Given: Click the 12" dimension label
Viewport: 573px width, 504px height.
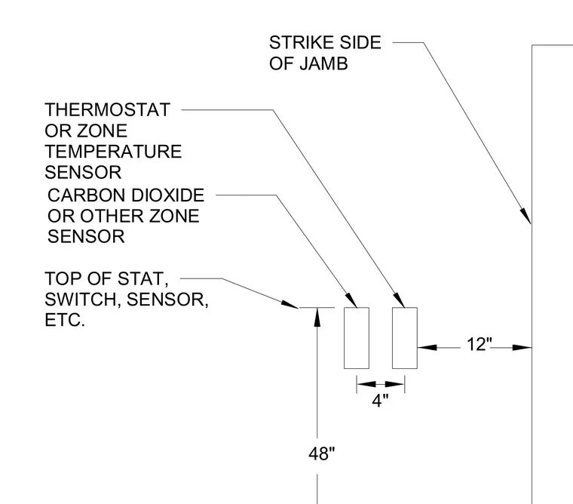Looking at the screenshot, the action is point(480,344).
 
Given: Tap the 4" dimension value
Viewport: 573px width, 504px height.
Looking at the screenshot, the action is point(381,401).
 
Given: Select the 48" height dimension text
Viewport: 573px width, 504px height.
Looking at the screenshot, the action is point(322,454).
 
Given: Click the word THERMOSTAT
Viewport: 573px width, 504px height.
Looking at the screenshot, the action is point(107,109).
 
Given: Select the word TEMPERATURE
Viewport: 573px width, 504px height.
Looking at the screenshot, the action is point(113,152).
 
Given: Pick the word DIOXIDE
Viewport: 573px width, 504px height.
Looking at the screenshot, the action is point(167,195).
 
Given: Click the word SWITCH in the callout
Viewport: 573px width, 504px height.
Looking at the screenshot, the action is point(83,300).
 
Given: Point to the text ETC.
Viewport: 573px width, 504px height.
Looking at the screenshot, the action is point(65,320).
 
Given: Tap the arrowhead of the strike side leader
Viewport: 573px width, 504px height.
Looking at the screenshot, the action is point(526,216).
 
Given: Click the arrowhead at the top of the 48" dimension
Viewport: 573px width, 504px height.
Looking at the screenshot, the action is point(317,316).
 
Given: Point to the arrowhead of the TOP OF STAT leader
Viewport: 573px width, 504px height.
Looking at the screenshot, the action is point(290,304).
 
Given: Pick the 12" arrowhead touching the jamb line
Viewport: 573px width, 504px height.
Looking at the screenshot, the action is point(522,347).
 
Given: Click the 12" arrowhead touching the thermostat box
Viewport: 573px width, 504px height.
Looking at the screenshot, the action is point(427,347).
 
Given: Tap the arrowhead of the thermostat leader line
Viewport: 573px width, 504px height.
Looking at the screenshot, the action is point(399,300).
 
